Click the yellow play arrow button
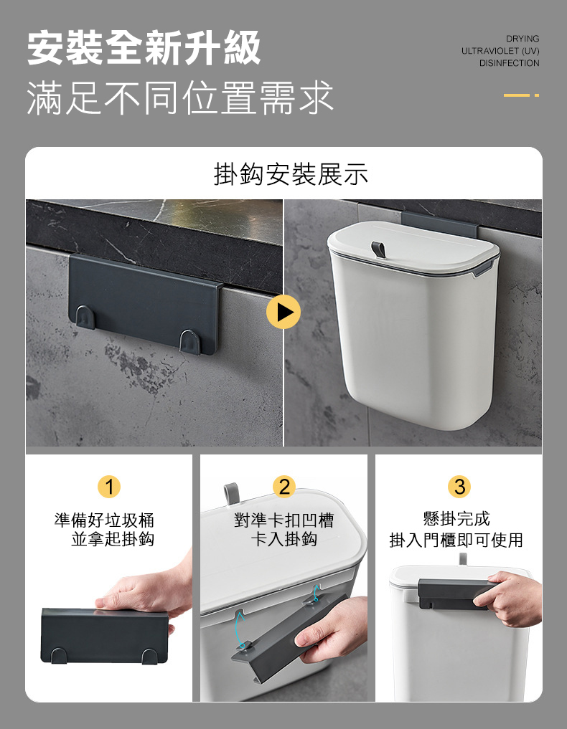tap(283, 313)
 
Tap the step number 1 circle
tap(109, 487)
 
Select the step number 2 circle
tap(284, 487)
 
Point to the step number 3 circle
tap(459, 487)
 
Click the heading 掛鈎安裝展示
tap(291, 173)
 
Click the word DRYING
tap(523, 38)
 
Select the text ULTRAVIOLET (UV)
tap(500, 51)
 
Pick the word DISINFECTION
tap(510, 64)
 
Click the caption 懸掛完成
tap(456, 518)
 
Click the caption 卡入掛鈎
tap(283, 539)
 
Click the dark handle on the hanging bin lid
tap(378, 249)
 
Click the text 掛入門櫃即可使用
tap(456, 540)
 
